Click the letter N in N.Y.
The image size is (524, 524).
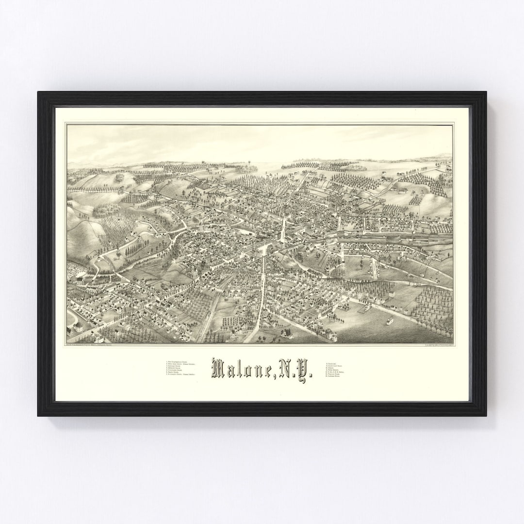point(287,369)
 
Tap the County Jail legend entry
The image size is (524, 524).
point(332,363)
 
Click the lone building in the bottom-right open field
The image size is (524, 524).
point(389,322)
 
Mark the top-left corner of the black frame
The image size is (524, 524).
point(38,92)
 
